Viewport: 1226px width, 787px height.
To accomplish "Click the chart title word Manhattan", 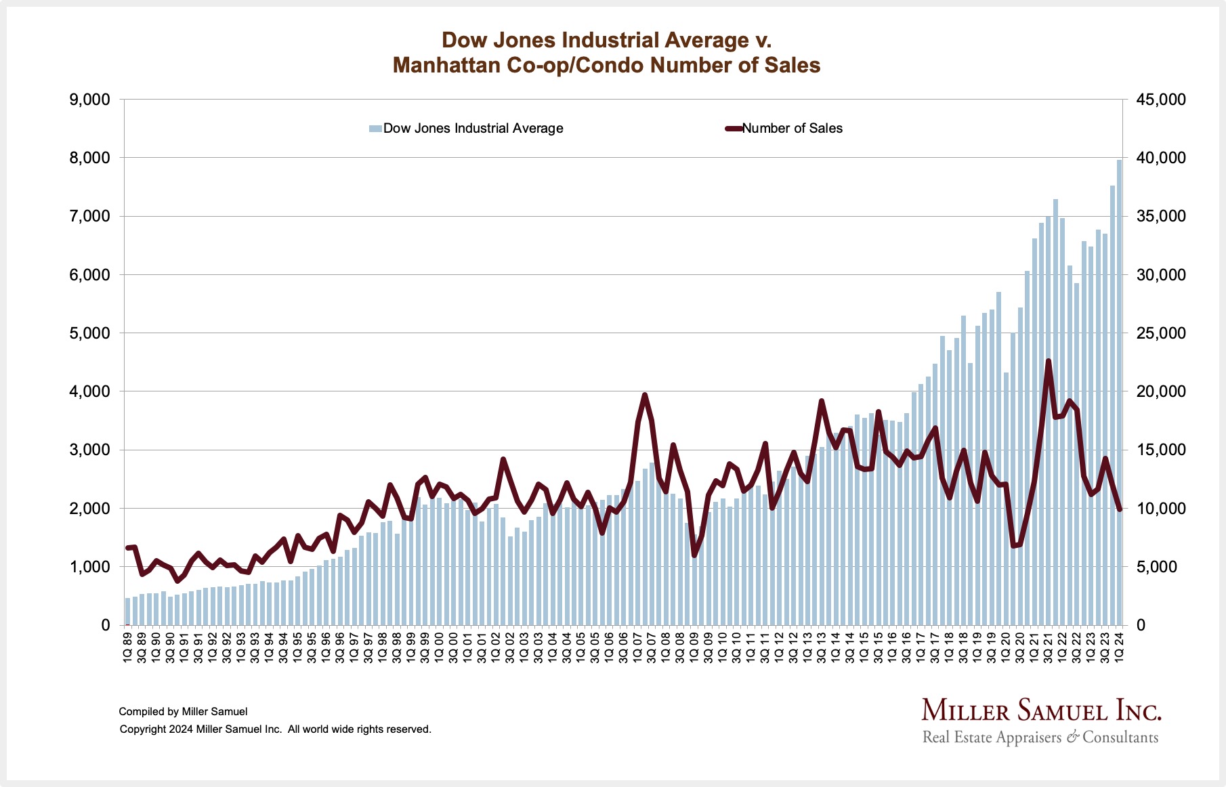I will (x=444, y=65).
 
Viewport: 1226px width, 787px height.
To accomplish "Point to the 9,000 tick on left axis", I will (x=89, y=100).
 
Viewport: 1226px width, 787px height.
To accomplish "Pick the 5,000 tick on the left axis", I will (x=89, y=333).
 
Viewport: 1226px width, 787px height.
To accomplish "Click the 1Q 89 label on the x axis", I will (x=127, y=647).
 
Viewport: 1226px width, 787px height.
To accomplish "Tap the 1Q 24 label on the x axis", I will (x=1119, y=647).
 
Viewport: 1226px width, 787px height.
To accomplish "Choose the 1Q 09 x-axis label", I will (x=694, y=647).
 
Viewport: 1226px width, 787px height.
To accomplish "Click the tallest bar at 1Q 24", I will (x=1119, y=393).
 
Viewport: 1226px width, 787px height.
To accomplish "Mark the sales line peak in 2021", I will (x=1049, y=361).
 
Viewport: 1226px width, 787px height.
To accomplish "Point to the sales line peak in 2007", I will (x=645, y=395).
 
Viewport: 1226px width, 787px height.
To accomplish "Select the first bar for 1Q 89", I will (x=127, y=612).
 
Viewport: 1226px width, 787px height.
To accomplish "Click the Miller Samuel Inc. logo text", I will (x=1041, y=711).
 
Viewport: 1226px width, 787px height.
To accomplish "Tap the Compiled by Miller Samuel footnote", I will (x=183, y=712).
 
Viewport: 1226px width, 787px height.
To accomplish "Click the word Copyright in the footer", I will (x=143, y=729).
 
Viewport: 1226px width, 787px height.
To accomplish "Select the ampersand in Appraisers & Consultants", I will (x=1072, y=738).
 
